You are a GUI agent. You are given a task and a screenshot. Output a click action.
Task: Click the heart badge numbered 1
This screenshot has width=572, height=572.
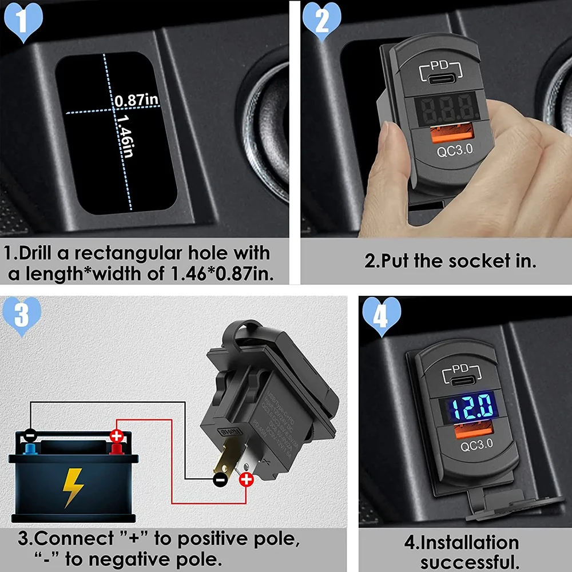23,22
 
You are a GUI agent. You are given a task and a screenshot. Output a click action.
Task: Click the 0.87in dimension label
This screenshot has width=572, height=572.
136,101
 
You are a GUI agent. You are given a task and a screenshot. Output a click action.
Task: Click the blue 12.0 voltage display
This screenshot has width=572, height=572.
467,407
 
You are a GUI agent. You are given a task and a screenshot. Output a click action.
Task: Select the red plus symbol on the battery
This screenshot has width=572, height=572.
117,436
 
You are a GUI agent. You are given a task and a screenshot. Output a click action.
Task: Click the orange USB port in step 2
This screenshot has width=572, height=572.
443,136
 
